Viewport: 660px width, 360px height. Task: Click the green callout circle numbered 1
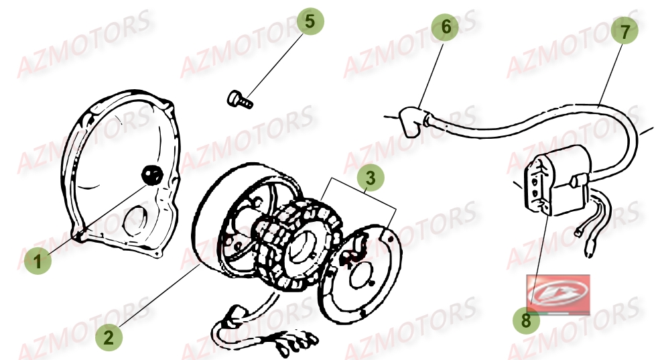(x=39, y=261)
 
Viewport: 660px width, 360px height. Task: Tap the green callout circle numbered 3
(x=371, y=178)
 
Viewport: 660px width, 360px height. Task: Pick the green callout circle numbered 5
(x=310, y=21)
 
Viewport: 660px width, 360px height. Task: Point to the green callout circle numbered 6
(x=446, y=27)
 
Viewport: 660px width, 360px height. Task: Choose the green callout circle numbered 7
(x=624, y=32)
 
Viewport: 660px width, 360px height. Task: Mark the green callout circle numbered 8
(x=526, y=320)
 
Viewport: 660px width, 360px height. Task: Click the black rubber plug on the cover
(x=152, y=176)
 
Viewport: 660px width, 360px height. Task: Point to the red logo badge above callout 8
(x=557, y=293)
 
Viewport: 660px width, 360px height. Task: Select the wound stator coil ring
(x=295, y=228)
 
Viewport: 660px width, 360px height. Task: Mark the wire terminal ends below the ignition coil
(x=584, y=241)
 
